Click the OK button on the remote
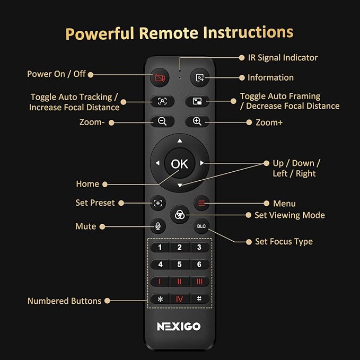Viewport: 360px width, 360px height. (179, 164)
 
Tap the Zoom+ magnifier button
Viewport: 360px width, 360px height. (197, 121)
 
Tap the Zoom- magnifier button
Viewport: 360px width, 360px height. (162, 121)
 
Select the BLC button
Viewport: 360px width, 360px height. (201, 226)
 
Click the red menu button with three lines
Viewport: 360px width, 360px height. (201, 203)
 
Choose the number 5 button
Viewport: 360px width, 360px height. (179, 265)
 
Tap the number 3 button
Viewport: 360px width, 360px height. (199, 248)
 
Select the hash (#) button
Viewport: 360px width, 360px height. (199, 298)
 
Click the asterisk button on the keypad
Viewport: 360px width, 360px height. (160, 298)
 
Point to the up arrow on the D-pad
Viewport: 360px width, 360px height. (180, 141)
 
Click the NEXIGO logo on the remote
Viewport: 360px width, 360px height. (179, 327)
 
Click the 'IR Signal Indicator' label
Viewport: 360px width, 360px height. (283, 57)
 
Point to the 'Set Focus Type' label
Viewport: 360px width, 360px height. (284, 241)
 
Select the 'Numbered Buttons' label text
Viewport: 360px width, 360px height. (64, 301)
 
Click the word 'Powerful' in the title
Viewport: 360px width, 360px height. (99, 33)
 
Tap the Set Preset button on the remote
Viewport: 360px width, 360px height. (158, 203)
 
